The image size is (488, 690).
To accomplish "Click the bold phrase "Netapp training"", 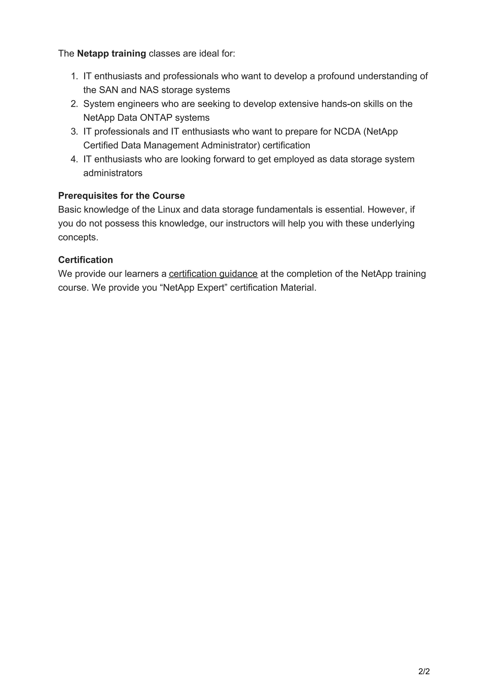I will pyautogui.click(x=111, y=54).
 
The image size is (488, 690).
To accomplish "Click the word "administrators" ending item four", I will pyautogui.click(x=113, y=173).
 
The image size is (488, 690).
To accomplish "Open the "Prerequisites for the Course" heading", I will pyautogui.click(x=122, y=196).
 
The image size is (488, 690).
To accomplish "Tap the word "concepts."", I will pyautogui.click(x=78, y=237).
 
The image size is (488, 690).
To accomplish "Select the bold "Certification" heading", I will pyautogui.click(x=85, y=260).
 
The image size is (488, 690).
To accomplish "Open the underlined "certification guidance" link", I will pyautogui.click(x=213, y=274).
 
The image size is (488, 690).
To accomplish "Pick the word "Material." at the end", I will pyautogui.click(x=298, y=288).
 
